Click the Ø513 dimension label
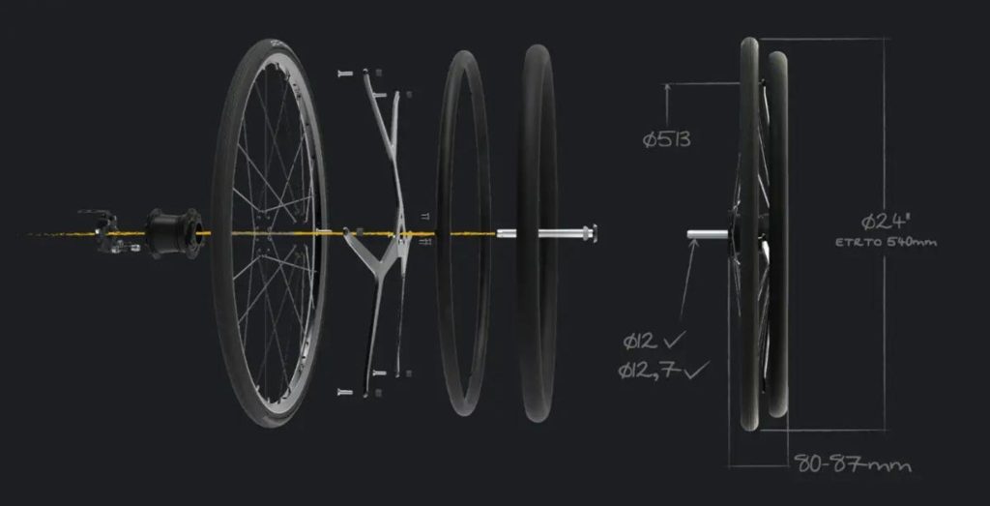pyautogui.click(x=666, y=139)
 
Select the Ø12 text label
pyautogui.click(x=641, y=342)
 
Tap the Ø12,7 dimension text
pyautogui.click(x=649, y=371)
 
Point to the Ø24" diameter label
pyautogui.click(x=887, y=222)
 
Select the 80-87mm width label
pyautogui.click(x=853, y=464)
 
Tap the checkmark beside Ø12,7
pyautogui.click(x=697, y=369)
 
